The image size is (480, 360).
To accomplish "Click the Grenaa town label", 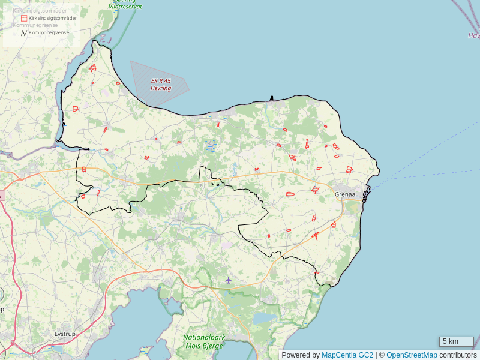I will [x=345, y=194].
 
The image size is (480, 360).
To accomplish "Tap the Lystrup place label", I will [x=64, y=334].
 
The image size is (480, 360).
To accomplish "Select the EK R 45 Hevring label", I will [x=161, y=84].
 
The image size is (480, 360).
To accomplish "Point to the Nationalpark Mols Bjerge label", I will [x=204, y=342].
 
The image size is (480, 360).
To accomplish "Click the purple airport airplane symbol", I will [x=228, y=280].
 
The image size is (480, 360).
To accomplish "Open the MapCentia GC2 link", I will [x=347, y=355].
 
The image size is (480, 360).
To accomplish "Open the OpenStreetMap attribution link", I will [x=412, y=355].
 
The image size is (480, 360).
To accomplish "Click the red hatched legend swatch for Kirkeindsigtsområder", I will [x=24, y=19].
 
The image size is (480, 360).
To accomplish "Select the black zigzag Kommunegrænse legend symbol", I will [x=24, y=32].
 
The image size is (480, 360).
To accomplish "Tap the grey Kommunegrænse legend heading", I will [x=35, y=26].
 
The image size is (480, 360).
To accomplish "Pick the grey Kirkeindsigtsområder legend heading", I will [x=40, y=11].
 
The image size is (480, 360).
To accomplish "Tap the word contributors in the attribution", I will [x=458, y=355].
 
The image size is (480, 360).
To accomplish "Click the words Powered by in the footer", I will [x=301, y=355].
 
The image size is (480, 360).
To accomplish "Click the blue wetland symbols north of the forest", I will [x=210, y=145].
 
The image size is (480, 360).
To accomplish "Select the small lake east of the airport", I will [x=264, y=317].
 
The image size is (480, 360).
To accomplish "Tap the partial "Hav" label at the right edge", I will [x=474, y=35].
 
